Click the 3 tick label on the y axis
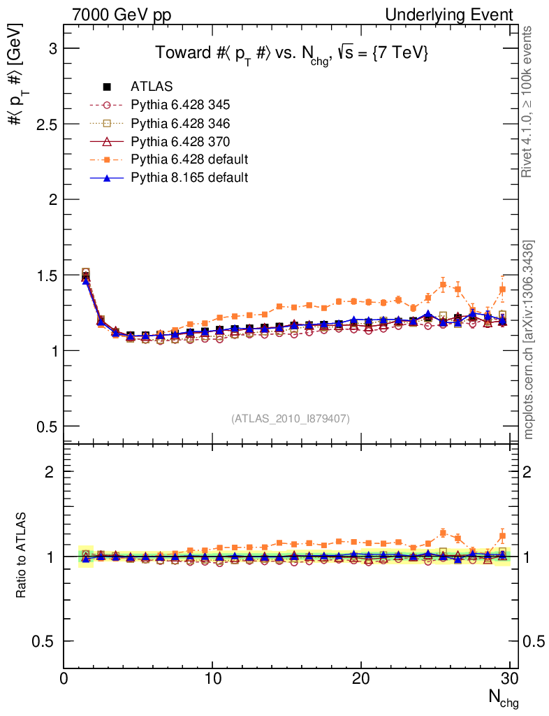52,48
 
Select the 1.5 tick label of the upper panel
45,275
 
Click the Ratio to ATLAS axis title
22,556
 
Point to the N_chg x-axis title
503,698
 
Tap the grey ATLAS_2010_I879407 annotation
291,418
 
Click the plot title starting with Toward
291,53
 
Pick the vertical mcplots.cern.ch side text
529,339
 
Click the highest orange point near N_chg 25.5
443,284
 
